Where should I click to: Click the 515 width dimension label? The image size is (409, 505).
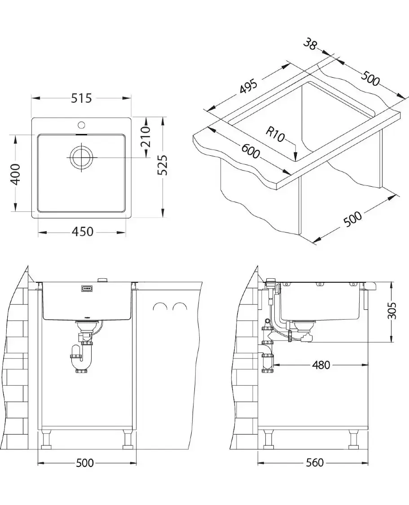(x=81, y=98)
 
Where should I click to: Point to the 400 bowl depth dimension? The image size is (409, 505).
(x=15, y=175)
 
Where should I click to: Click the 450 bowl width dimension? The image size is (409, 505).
(x=83, y=231)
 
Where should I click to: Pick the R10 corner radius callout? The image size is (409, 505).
(x=275, y=134)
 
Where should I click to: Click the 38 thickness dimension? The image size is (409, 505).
(x=310, y=44)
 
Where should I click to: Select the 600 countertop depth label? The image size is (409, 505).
(x=250, y=151)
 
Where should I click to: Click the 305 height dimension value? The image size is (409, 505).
(x=392, y=311)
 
